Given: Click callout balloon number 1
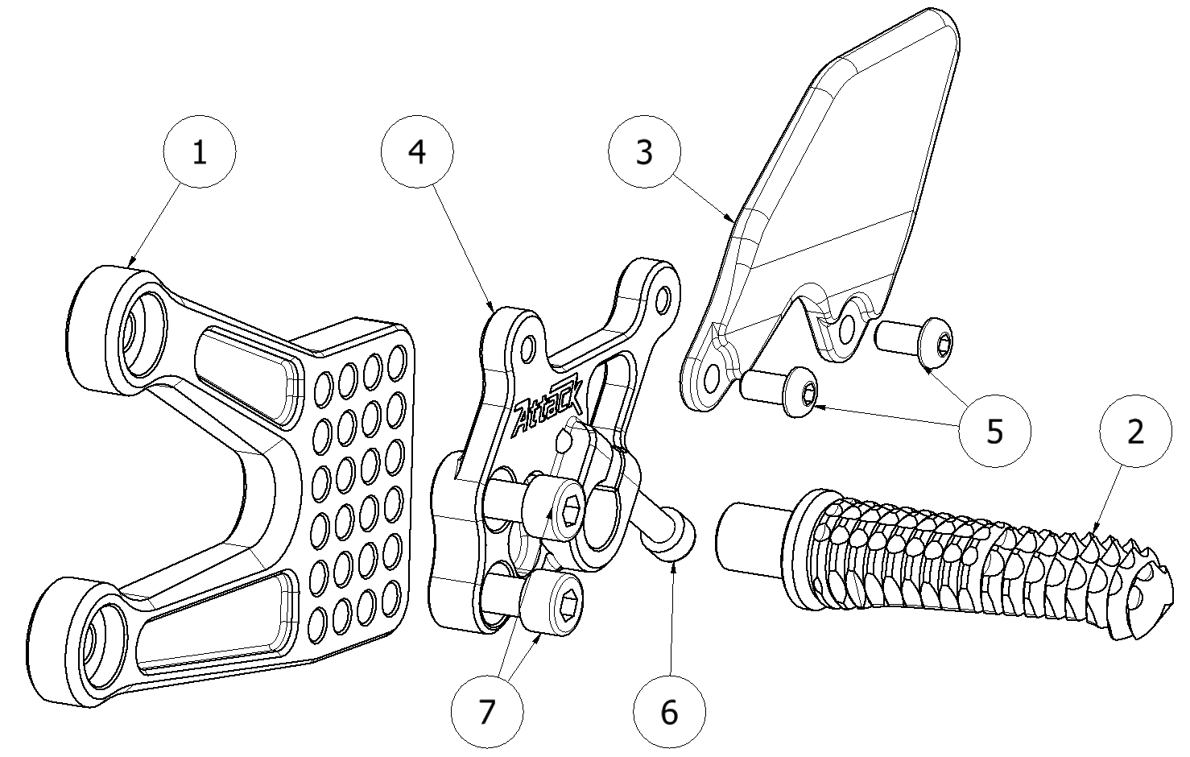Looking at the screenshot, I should (x=199, y=152).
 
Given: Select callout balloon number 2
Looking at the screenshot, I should (x=1135, y=432).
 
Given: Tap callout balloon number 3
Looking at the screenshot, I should (x=644, y=152).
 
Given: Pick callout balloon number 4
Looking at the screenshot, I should (x=417, y=152).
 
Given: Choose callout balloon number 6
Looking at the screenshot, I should (x=669, y=712).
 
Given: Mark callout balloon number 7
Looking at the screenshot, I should (x=486, y=712).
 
